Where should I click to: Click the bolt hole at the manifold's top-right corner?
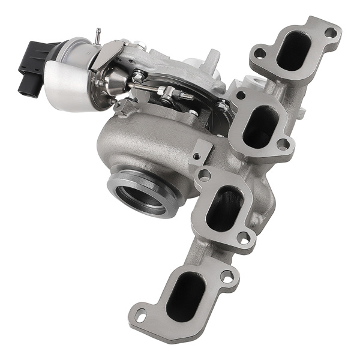tap(331, 32)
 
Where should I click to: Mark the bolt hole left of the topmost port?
tap(259, 53)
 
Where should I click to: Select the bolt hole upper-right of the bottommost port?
tap(226, 277)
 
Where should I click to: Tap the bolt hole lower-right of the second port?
tap(282, 144)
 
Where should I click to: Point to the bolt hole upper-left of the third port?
tap(205, 176)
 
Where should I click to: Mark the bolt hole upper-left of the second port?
tap(241, 95)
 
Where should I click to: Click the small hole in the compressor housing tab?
tap(196, 157)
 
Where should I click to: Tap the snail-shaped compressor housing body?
tap(144, 144)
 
